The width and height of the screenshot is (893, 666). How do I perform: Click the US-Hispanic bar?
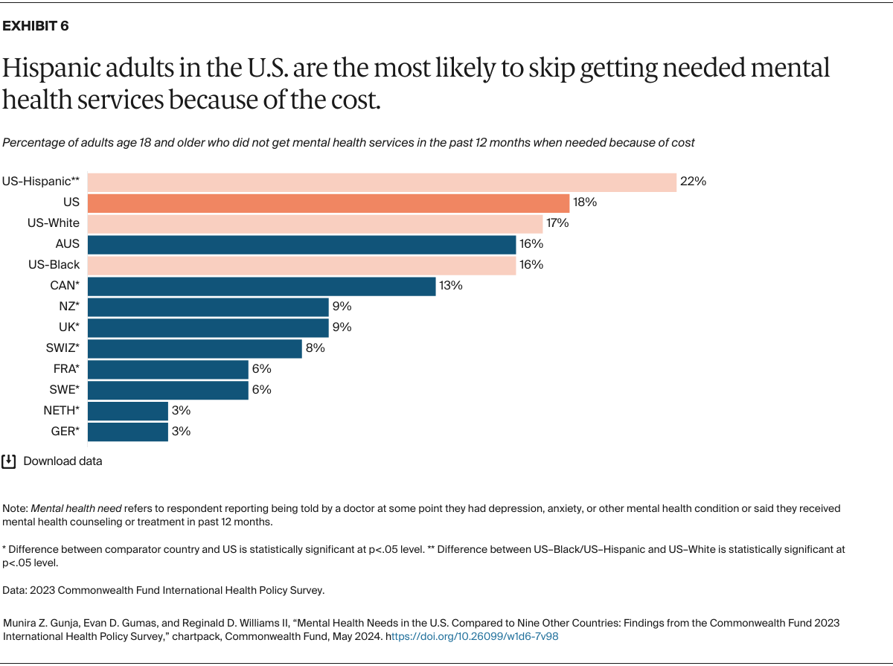[x=382, y=182]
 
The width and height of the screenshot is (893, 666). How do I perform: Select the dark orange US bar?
[x=328, y=202]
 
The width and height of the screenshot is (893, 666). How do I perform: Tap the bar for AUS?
[x=301, y=244]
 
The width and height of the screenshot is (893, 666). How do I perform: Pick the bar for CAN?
[x=261, y=286]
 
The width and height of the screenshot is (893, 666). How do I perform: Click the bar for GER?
[x=127, y=432]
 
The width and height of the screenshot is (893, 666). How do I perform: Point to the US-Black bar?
[x=301, y=265]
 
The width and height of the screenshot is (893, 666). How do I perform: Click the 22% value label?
[x=693, y=182]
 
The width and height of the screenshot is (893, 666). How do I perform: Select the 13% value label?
[x=451, y=286]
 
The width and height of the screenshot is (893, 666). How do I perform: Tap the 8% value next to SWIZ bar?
[x=315, y=348]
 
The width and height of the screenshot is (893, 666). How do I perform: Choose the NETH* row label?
[x=61, y=411]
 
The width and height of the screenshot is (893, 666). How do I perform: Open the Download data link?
[x=63, y=461]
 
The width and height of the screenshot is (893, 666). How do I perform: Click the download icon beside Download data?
[x=9, y=461]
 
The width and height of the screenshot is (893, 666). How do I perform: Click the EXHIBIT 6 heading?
[x=36, y=26]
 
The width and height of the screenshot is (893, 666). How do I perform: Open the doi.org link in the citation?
[x=474, y=637]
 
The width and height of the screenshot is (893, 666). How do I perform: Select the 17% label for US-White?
[x=558, y=223]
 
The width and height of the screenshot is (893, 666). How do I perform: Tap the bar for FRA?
[x=167, y=369]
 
